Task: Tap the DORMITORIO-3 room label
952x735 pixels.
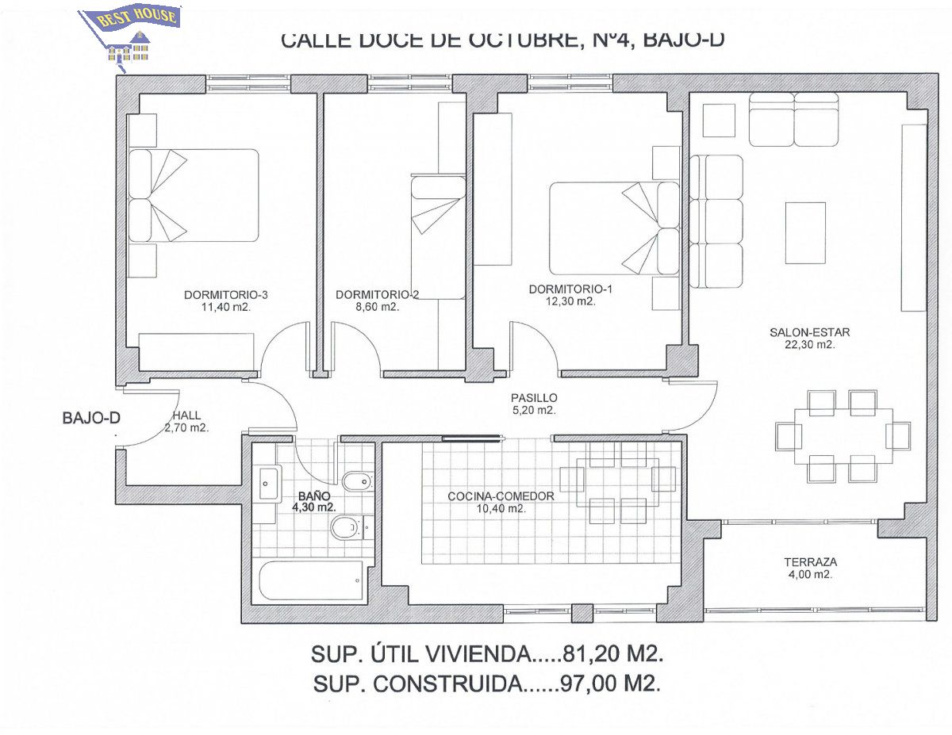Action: tap(225, 295)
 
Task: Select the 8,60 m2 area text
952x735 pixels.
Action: tap(377, 307)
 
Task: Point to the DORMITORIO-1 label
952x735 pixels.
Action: tap(570, 289)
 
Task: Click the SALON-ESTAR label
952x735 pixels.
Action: tap(810, 332)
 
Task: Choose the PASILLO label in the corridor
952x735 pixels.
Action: tap(534, 398)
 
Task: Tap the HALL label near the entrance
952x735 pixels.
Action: tap(187, 415)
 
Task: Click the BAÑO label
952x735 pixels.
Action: tap(314, 496)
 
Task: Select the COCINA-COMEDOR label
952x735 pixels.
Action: tap(501, 496)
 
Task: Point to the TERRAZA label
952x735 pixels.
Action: tap(811, 561)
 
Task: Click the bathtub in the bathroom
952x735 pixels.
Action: tap(311, 582)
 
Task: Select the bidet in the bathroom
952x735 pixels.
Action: tap(358, 482)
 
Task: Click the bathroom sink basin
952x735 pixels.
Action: tap(268, 484)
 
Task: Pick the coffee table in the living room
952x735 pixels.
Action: tap(805, 233)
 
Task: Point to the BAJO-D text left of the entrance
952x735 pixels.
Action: tap(91, 418)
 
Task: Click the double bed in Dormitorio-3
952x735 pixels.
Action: tap(194, 195)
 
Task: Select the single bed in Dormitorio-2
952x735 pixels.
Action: tap(438, 238)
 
